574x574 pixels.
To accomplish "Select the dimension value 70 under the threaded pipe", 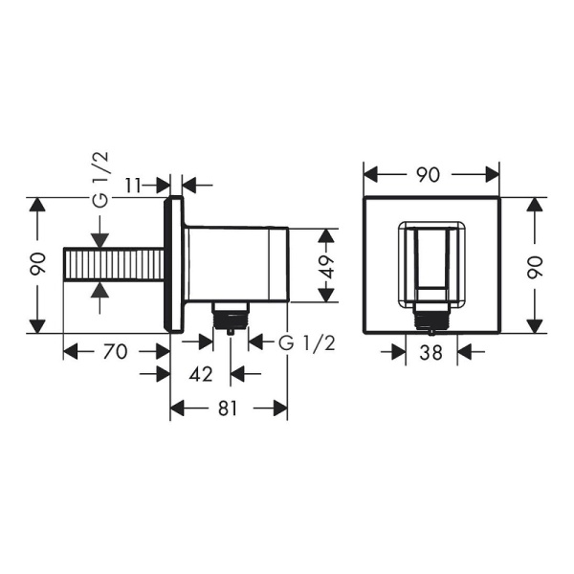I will pos(115,351).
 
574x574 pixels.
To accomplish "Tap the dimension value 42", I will pos(201,374).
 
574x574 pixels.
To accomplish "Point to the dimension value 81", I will pos(229,408).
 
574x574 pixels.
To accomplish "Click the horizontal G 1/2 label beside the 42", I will pos(305,343).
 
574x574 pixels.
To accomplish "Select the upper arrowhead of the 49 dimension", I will pos(326,234).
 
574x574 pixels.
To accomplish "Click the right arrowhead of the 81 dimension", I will pos(281,408).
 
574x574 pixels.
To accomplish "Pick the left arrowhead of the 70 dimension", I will pos(70,351).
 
